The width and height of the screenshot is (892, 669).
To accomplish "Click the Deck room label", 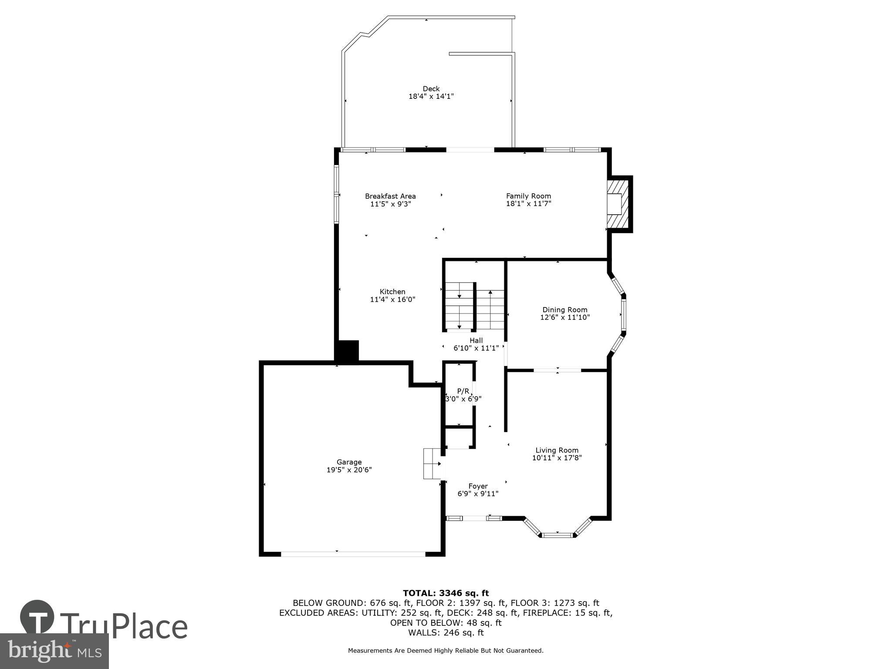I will pos(431,89).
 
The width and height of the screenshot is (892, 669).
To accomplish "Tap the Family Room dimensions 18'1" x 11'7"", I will pos(528,204).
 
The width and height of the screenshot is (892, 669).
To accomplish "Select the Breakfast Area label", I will pos(390,196).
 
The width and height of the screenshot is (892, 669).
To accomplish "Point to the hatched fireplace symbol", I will pos(618,204).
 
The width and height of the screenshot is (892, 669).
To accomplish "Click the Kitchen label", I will pos(392,292).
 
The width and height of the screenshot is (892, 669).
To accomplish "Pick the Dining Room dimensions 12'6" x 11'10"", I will pos(565,318).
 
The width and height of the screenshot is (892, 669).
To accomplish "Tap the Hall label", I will pos(476,341).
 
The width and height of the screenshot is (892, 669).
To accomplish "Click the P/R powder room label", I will pos(463,391).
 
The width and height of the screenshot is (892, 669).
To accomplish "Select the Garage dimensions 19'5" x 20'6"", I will pos(349,470).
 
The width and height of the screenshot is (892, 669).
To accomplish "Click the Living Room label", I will pos(557,450).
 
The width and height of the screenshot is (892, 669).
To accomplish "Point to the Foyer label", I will pos(478,486).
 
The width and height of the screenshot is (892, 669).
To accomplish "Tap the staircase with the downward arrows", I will pos(459,307).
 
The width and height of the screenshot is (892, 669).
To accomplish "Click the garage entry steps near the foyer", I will pos(432,464).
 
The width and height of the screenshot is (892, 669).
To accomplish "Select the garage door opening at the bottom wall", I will pos(353,554).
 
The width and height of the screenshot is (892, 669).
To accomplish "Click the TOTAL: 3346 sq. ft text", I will pos(446,593).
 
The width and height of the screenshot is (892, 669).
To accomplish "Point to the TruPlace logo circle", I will pos(37,618).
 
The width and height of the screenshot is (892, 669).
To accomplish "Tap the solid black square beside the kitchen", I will pos(347,351).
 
